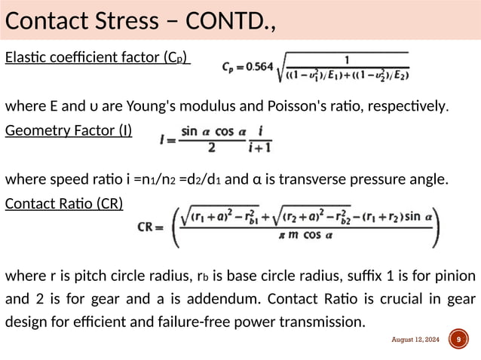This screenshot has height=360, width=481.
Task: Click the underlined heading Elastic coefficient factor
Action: pos(97,58)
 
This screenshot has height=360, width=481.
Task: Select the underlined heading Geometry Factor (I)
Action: pos(69,131)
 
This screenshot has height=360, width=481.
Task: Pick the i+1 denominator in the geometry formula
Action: pos(264,148)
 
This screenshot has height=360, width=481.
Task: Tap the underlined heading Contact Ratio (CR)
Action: pos(64,203)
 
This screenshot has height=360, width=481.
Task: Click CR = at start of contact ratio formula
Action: pos(154,225)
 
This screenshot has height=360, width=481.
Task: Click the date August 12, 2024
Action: pos(416,340)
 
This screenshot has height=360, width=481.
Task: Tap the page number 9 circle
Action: pos(457,340)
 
